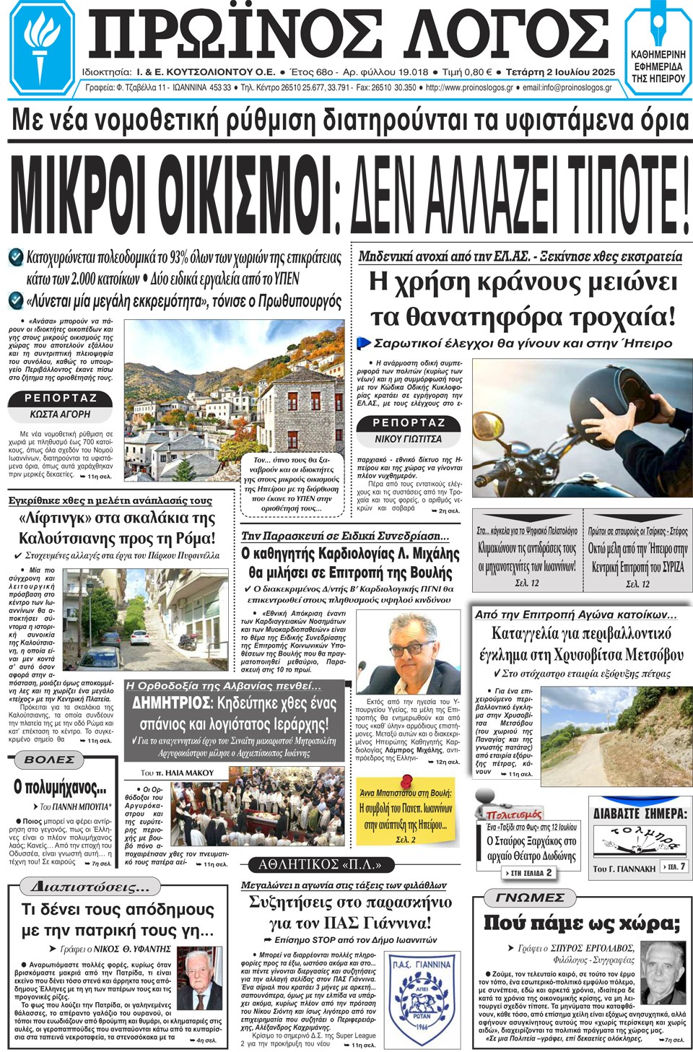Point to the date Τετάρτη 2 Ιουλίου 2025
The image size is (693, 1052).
pos(560,72)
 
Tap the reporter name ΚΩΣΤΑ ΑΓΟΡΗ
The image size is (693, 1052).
pos(60,414)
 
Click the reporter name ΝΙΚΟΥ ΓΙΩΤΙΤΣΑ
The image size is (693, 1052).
pos(408,439)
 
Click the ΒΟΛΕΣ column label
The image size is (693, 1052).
pos(49,760)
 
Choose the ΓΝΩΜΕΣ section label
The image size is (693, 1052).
pos(530,897)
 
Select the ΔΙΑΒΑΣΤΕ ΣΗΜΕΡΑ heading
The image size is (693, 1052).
pos(640,814)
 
